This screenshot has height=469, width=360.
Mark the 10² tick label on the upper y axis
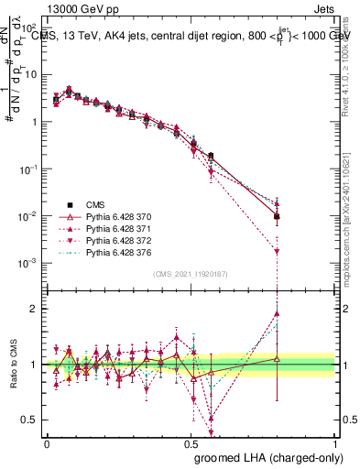[x=30, y=27]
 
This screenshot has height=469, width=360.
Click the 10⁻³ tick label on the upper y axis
[x=30, y=263]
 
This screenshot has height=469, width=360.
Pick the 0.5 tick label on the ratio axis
[x=33, y=420]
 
